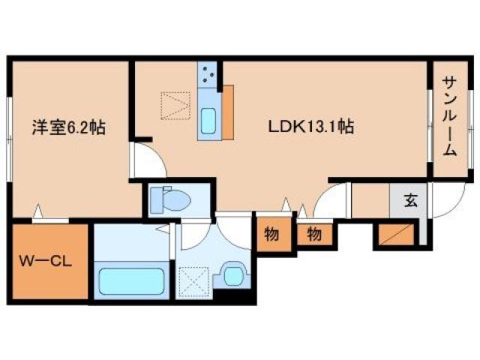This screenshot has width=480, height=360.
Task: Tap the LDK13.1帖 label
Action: [x=311, y=127]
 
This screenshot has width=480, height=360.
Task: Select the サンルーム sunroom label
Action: [x=450, y=116]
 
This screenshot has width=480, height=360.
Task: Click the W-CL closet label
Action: [x=46, y=261]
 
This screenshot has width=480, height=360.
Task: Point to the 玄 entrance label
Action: [x=410, y=200]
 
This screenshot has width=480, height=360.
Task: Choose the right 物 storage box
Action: [x=314, y=235]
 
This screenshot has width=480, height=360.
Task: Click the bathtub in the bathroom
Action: [x=132, y=281]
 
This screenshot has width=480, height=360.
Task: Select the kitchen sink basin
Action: [x=208, y=121]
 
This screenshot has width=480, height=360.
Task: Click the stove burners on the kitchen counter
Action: [x=208, y=73]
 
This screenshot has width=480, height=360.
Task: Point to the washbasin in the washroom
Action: [x=234, y=275]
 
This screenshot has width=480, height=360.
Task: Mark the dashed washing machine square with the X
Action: [x=194, y=282]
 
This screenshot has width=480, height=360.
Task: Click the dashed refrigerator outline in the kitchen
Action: [x=175, y=105]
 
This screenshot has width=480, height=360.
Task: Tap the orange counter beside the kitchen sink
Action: [x=228, y=112]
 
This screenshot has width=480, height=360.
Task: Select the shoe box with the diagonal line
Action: [x=397, y=235]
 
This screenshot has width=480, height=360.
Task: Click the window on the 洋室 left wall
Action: [x=10, y=139]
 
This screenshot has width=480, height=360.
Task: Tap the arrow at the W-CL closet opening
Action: [x=38, y=211]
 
